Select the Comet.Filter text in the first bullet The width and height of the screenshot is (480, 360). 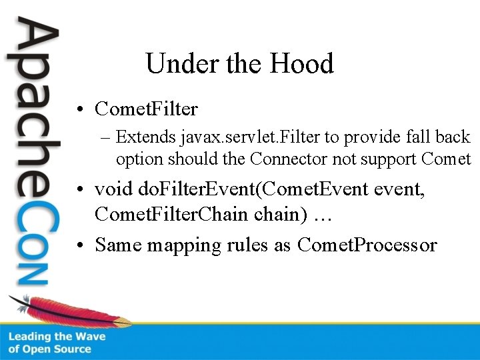147,108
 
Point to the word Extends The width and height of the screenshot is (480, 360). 146,137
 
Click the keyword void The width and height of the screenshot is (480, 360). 114,189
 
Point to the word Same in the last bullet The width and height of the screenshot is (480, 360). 118,245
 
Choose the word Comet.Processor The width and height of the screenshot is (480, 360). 367,245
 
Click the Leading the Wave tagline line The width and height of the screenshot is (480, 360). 57,337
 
